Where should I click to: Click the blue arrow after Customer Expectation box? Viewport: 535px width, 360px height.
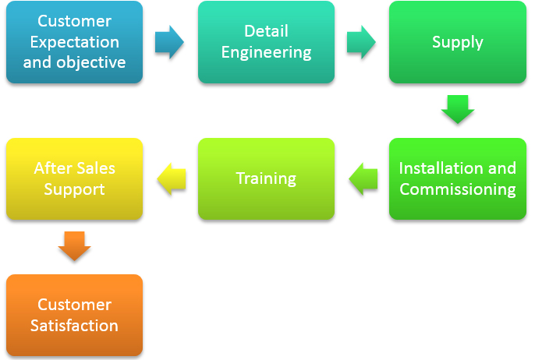pos(169,42)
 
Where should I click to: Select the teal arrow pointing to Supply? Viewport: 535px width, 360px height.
pos(361,42)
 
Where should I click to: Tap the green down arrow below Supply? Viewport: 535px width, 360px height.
pos(458,109)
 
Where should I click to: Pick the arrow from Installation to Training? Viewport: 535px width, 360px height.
pos(363,178)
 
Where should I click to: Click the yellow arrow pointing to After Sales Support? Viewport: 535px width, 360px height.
pos(172,178)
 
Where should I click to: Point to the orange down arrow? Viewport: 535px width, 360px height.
pos(74,246)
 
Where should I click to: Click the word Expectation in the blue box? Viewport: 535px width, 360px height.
pos(75,42)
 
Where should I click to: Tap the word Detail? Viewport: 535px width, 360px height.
pos(266,31)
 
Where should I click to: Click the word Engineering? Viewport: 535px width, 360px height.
pos(266,53)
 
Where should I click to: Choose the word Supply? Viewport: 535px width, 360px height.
pos(458,43)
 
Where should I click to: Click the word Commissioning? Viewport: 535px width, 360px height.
pos(458,190)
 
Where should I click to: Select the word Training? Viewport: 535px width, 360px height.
pos(266,179)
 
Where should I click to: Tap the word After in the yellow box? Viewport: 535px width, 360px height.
pos(53,168)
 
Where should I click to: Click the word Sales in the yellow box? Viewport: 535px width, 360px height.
pos(96,168)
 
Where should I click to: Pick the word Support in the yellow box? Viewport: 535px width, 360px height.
pos(74,190)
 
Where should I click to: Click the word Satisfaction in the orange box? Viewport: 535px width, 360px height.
pos(74,326)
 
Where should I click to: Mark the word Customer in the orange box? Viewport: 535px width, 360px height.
pos(74,305)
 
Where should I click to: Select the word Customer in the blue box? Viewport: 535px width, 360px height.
pos(74,21)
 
